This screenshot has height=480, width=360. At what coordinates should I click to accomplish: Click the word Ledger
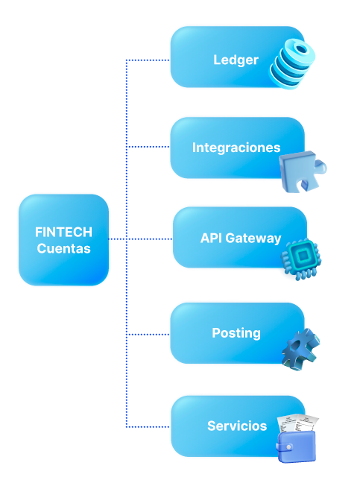coord(236,60)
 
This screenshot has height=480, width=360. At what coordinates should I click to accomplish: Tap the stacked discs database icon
coord(291,63)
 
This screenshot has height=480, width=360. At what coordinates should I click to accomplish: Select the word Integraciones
coord(236,148)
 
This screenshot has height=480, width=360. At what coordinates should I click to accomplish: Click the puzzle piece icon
coord(302,171)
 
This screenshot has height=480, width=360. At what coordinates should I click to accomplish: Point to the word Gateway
coord(253,239)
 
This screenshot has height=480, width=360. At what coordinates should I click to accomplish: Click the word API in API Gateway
coord(211,239)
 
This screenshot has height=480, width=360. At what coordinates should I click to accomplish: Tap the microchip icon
coord(301,259)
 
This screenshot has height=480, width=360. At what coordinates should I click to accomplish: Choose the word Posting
coord(236,334)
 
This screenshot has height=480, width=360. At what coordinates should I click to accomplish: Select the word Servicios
coord(237,426)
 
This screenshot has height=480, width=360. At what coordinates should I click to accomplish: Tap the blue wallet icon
coord(296,446)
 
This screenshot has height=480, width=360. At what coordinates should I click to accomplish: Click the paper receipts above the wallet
coord(297,423)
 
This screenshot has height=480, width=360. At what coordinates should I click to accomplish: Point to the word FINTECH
coord(63,232)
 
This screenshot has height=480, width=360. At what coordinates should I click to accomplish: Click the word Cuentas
coord(63,248)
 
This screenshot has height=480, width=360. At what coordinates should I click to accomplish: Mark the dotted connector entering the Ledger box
coord(148,60)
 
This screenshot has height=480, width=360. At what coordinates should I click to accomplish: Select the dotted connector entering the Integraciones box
coord(148,147)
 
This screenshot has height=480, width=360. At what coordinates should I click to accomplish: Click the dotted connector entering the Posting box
coord(148,334)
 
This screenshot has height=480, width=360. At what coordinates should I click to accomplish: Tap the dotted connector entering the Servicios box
coord(148,427)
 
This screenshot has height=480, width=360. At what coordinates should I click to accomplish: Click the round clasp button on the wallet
coord(288,447)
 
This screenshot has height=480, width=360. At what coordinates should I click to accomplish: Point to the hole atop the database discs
coord(301,49)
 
